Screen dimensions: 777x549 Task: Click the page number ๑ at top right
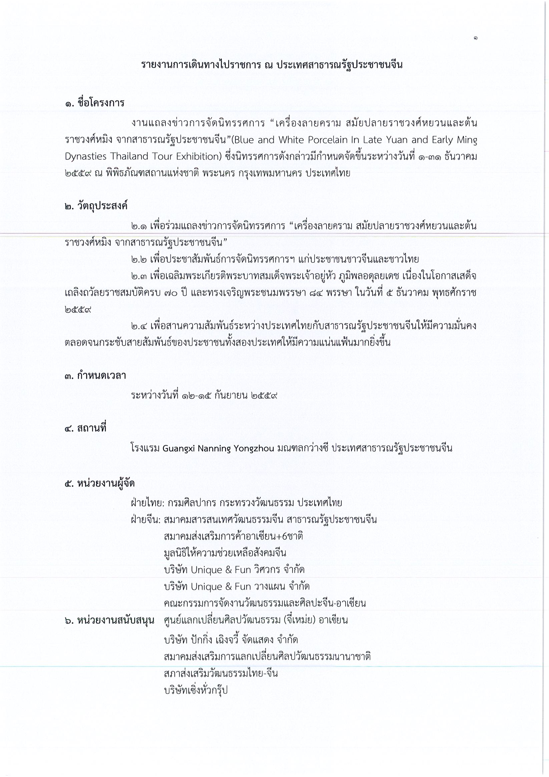(476, 39)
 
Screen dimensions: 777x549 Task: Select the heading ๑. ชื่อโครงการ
(94, 103)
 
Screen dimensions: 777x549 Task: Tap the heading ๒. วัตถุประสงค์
(96, 206)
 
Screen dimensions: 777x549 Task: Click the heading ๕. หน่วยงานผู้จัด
(100, 483)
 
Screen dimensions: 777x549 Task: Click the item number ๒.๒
(139, 260)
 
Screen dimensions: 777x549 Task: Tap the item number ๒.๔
(139, 326)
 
